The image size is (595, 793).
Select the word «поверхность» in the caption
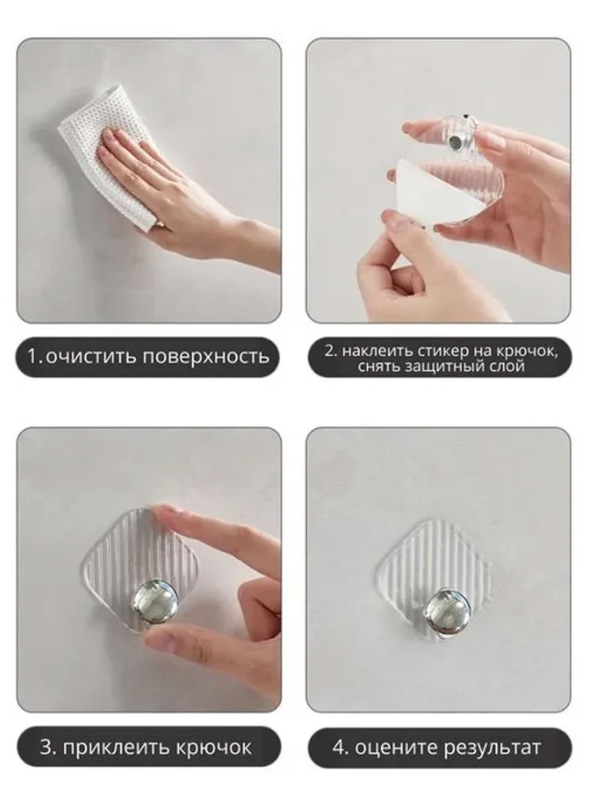pyautogui.click(x=206, y=357)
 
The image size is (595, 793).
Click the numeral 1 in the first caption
pyautogui.click(x=34, y=357)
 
